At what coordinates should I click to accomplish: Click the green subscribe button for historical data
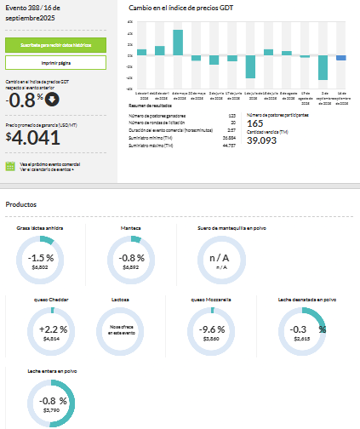coord(55,44)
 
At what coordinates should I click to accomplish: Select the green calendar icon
coord(10,167)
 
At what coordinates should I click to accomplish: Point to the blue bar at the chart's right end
coord(341,58)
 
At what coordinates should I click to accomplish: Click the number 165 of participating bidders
coord(254,123)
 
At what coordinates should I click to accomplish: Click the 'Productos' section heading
coord(21,204)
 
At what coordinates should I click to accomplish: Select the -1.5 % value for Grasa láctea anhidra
coord(40,257)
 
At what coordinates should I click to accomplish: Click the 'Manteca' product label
coord(131,229)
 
